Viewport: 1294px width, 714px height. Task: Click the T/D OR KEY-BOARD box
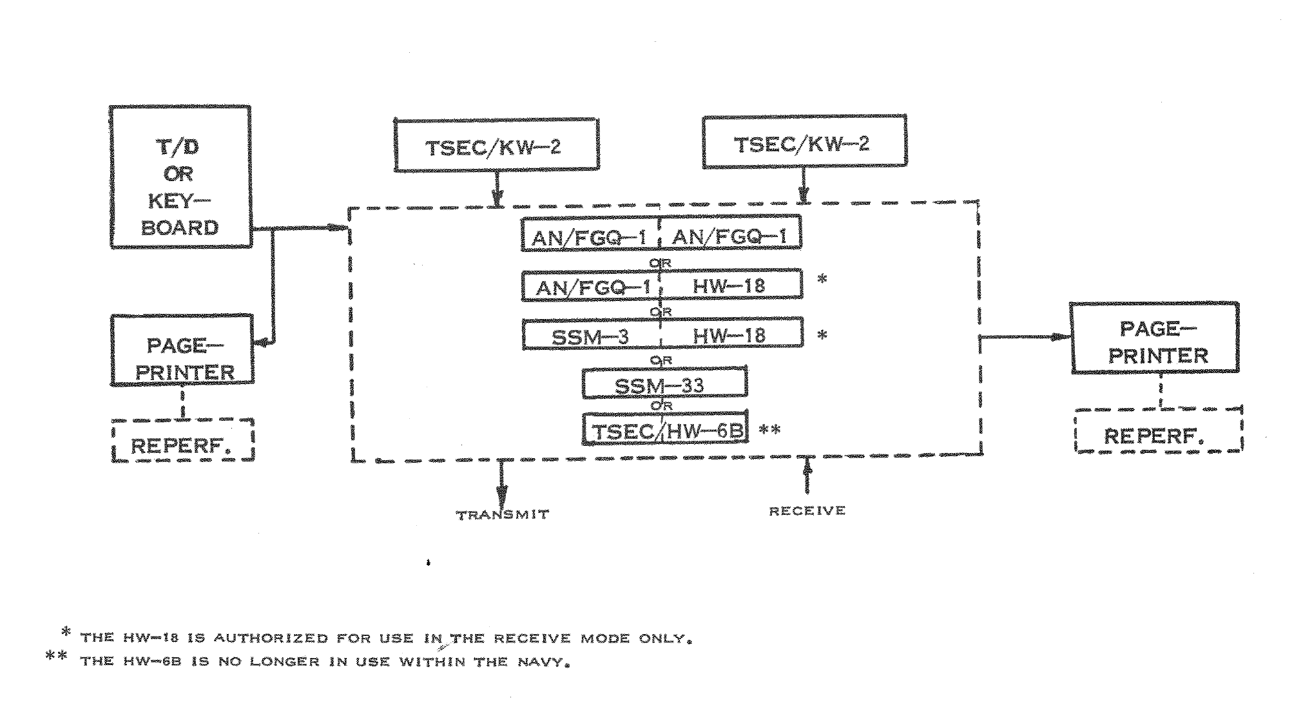[x=180, y=177]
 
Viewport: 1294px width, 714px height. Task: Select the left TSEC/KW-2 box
[x=496, y=145]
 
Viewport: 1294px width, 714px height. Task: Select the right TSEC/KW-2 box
[x=804, y=142]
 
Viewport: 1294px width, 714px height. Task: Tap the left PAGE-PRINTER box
[x=182, y=351]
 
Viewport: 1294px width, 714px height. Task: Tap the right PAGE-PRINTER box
[x=1154, y=338]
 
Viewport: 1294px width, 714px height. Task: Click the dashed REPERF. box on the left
[x=183, y=441]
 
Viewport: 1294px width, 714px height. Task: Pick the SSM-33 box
[x=664, y=383]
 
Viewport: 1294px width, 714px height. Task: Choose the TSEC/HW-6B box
[x=665, y=429]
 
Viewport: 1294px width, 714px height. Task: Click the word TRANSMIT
[x=503, y=515]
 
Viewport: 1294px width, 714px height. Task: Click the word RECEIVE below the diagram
[x=807, y=511]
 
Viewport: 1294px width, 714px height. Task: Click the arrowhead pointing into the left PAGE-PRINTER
[x=262, y=343]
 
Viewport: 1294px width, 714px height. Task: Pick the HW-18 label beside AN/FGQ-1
[x=728, y=285]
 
